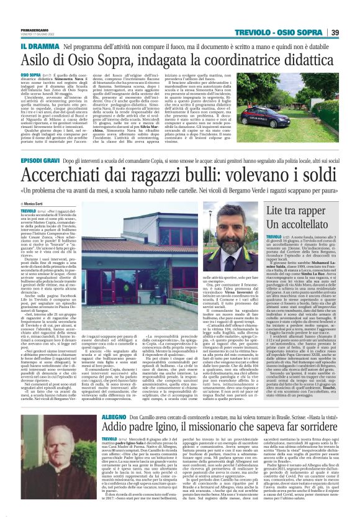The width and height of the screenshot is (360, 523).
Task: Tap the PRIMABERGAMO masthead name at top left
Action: (38, 29)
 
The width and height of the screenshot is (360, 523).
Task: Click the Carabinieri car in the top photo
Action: (298, 93)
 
